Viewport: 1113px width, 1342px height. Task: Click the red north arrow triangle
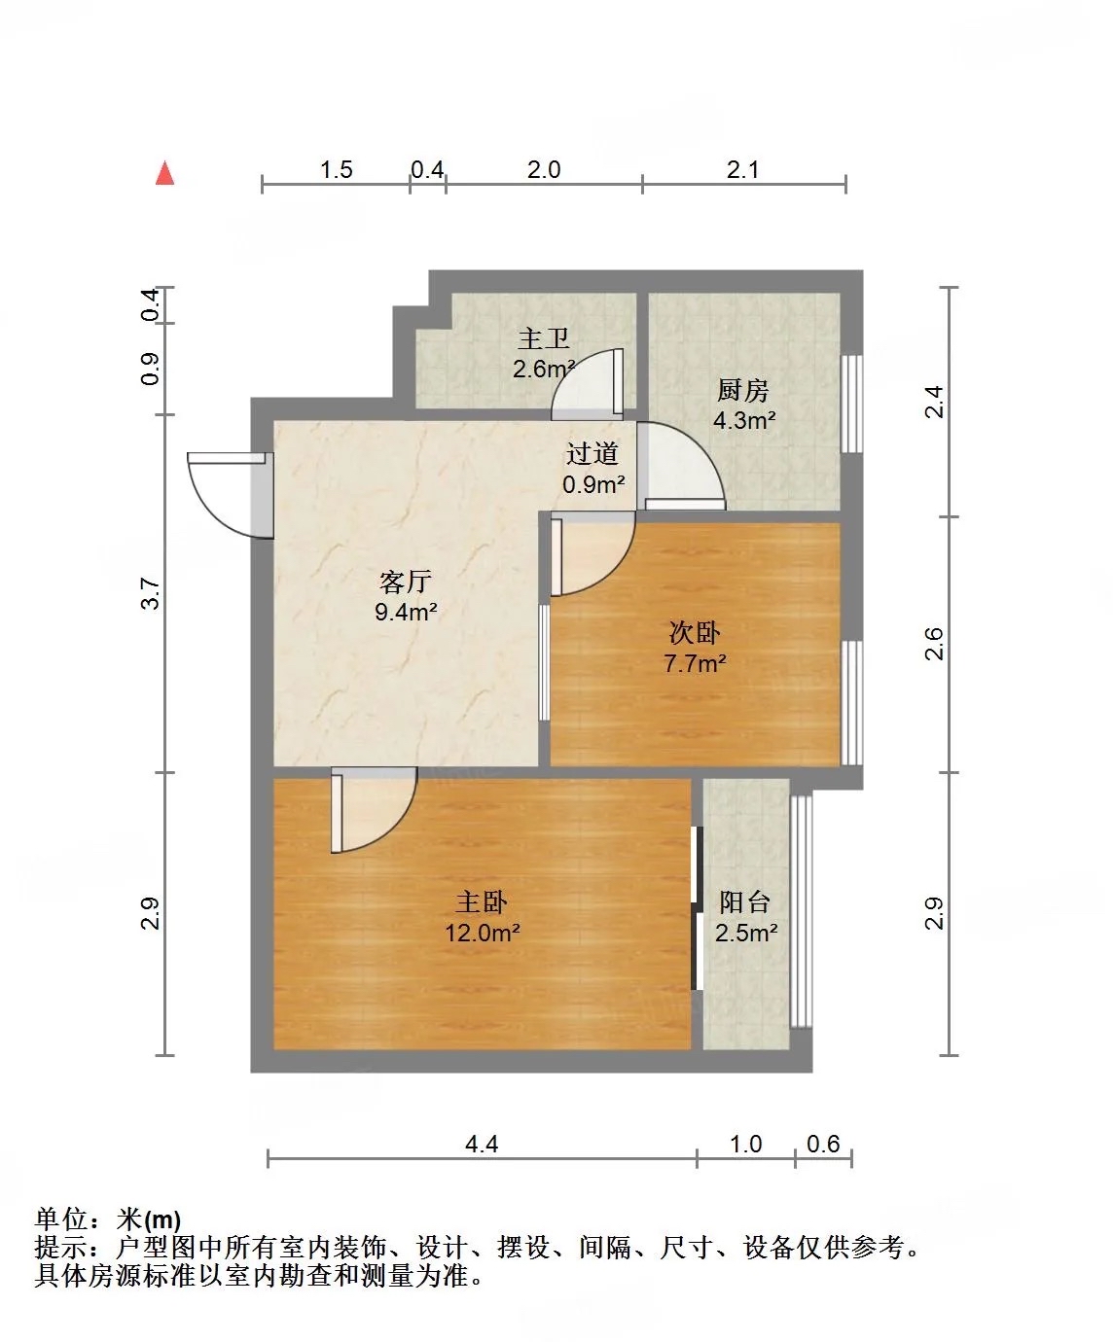[x=164, y=173]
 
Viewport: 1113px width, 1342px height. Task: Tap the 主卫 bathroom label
[x=544, y=338]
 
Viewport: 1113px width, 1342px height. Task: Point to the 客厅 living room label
[x=405, y=582]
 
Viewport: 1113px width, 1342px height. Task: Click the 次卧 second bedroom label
[x=695, y=633]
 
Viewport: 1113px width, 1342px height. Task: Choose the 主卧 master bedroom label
[x=482, y=902]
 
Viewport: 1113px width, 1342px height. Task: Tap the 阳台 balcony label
[x=744, y=902]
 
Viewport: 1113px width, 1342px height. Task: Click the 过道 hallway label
[x=592, y=454]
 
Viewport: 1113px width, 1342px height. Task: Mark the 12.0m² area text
[x=483, y=933]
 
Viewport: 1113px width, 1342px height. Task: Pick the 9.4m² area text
[x=406, y=612]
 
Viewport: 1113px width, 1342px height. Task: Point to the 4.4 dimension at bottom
[x=482, y=1144]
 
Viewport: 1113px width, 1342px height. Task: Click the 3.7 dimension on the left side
[x=150, y=593]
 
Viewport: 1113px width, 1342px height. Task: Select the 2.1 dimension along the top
[x=742, y=169]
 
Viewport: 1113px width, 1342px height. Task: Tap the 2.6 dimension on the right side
[x=934, y=644]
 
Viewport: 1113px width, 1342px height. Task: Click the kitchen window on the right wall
[x=852, y=404]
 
